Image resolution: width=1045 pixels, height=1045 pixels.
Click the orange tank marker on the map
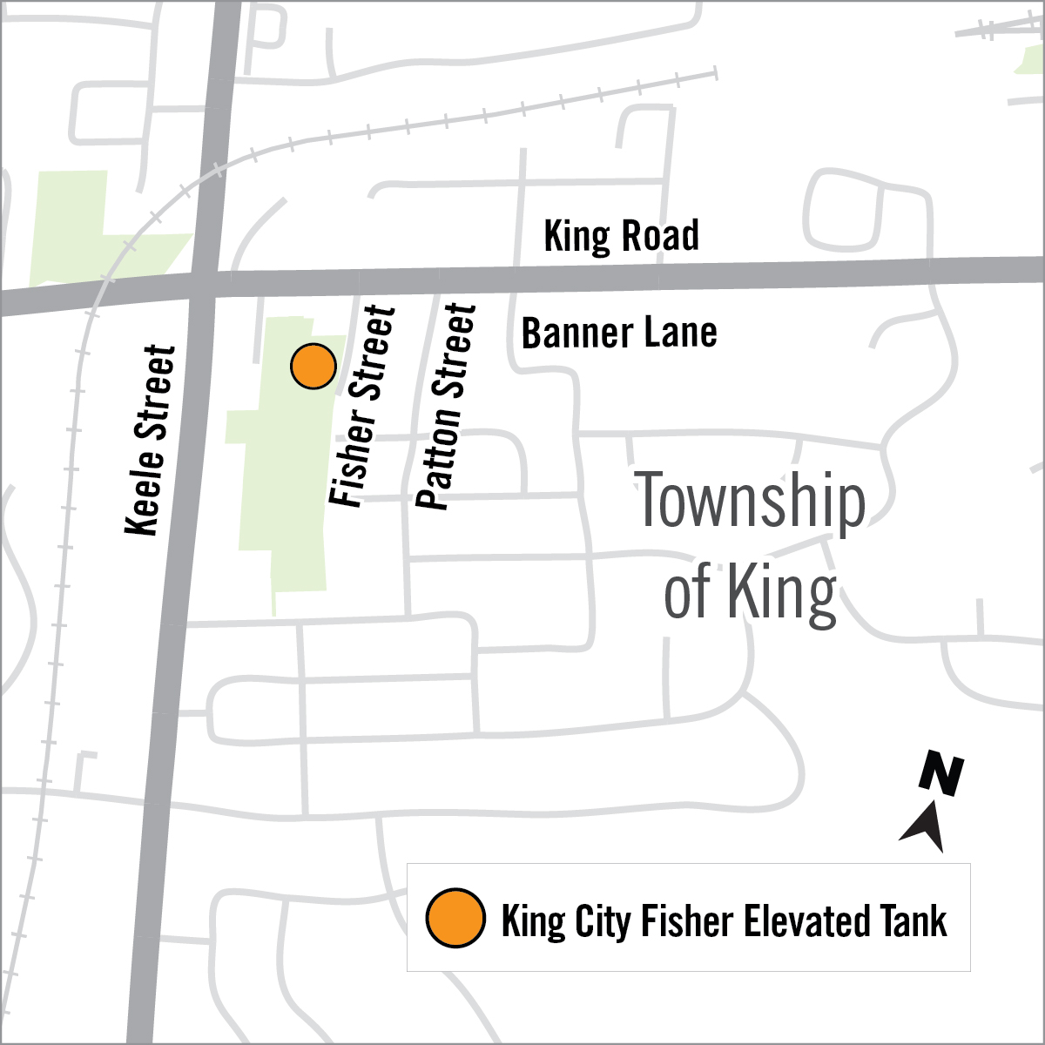[313, 367]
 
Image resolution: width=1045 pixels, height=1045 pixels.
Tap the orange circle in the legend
[455, 918]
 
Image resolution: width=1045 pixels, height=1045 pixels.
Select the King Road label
[621, 236]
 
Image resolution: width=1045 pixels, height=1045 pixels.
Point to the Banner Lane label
[619, 334]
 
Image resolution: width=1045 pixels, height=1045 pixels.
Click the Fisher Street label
[363, 406]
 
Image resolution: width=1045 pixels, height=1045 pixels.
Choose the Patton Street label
[447, 407]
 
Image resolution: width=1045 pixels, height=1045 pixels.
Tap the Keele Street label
[151, 440]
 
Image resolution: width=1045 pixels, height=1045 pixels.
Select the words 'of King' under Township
[751, 592]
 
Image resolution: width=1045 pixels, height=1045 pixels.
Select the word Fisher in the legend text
[672, 920]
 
